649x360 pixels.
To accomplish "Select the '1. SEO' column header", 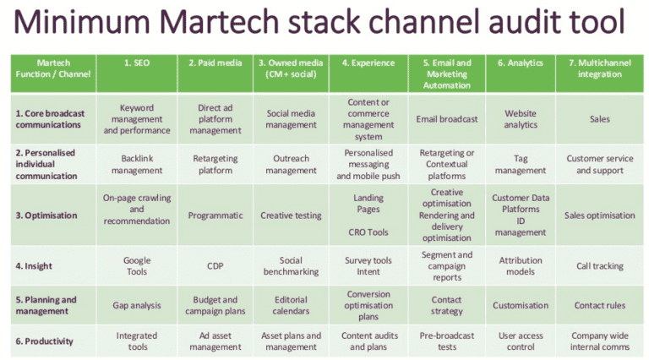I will [x=137, y=63].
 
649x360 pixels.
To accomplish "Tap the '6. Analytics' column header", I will [x=520, y=63].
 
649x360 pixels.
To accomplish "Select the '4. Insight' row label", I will [x=34, y=266].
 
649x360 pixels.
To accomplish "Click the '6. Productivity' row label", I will [x=44, y=341].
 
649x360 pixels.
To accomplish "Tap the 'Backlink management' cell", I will [x=137, y=164].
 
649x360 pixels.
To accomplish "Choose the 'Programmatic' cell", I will [x=215, y=215].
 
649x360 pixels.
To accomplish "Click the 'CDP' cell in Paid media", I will [x=215, y=266].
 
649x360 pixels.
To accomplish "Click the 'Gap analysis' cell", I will [x=137, y=305].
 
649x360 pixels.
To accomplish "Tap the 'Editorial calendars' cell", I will [x=291, y=305].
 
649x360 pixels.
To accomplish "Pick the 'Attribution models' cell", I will [x=520, y=266].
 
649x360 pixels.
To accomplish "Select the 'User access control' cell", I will [x=520, y=341].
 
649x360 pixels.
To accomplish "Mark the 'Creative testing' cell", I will [x=291, y=215].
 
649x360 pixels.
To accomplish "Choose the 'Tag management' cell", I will [x=520, y=164].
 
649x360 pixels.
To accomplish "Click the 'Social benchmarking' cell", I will [x=291, y=266].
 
